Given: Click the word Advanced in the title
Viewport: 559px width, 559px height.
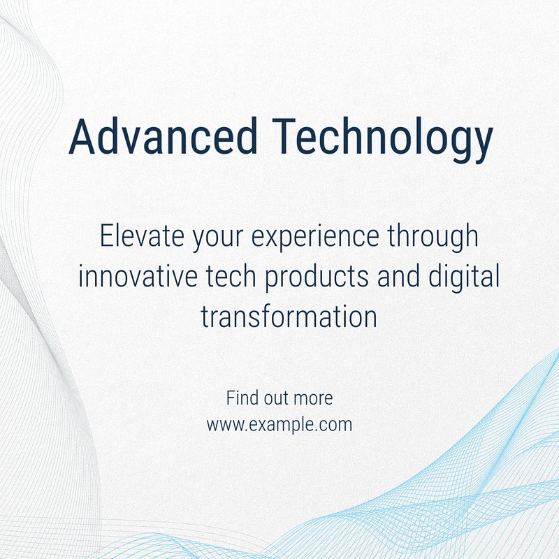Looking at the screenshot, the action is tap(163, 136).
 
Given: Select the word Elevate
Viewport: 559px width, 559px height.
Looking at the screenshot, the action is tap(142, 235).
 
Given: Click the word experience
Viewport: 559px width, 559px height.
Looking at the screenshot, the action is tap(315, 238).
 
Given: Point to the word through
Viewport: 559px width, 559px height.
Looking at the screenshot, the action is tap(433, 236).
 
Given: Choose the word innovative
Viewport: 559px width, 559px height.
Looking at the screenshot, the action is tap(138, 276).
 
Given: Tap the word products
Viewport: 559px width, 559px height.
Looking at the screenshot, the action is tap(317, 278).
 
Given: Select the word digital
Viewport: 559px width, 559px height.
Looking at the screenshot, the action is tap(463, 277).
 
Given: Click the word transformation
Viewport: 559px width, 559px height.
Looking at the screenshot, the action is tap(289, 317).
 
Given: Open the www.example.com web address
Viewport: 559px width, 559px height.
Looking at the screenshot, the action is tap(279, 426).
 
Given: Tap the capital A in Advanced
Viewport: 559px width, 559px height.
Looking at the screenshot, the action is tap(82, 136).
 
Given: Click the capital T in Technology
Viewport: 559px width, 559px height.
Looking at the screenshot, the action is tap(284, 136).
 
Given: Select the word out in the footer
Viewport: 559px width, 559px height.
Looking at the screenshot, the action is tap(274, 398).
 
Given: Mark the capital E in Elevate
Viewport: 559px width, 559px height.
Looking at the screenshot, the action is tap(106, 235).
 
